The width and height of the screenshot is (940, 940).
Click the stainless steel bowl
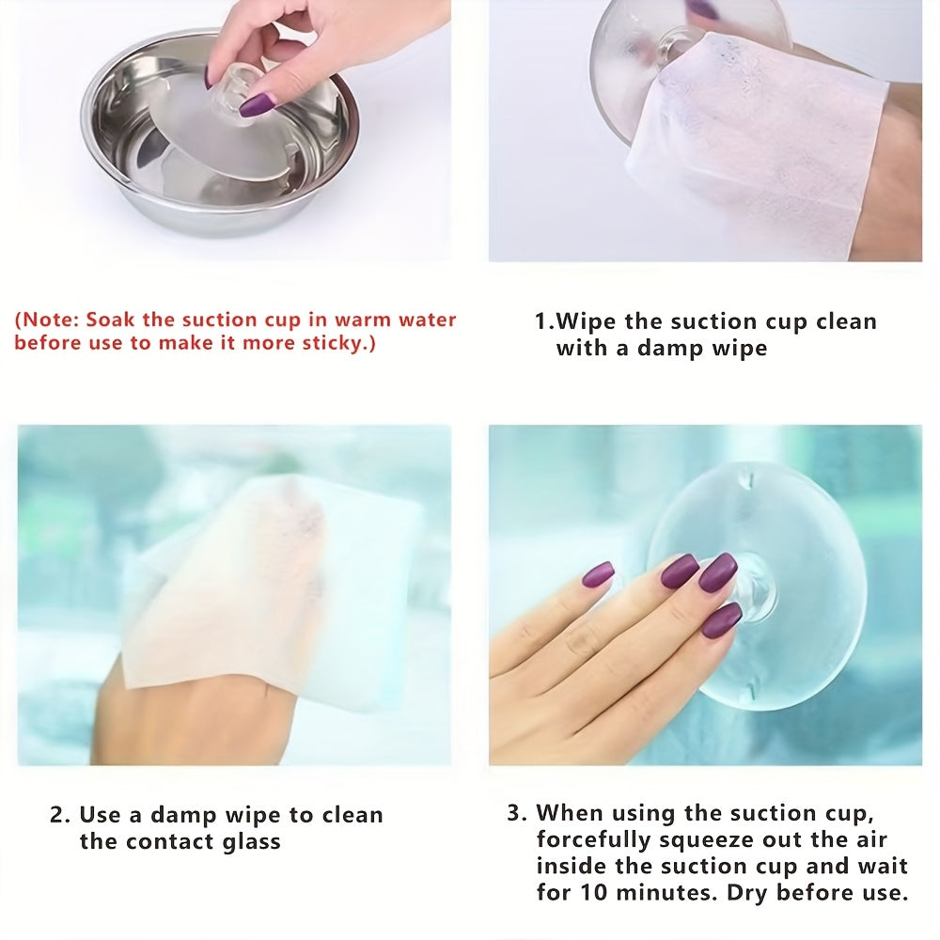tap(219, 138)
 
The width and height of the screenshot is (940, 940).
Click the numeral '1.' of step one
tap(544, 321)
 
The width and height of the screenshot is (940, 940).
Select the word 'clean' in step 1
tap(847, 321)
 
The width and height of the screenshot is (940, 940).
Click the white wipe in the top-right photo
tap(757, 144)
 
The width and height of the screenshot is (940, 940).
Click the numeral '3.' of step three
tap(517, 813)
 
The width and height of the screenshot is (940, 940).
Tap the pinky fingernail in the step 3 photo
tap(599, 573)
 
